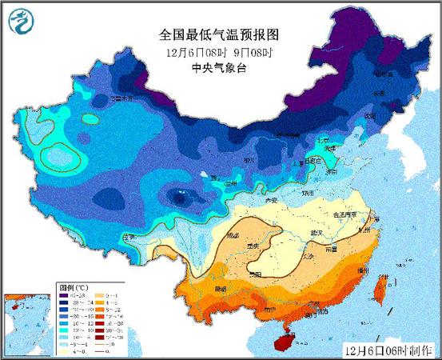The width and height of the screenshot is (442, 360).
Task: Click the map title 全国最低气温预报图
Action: coord(221,35)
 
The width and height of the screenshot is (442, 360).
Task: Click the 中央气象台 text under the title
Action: coord(221,68)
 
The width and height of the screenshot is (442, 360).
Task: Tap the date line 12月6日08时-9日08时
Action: coord(221,53)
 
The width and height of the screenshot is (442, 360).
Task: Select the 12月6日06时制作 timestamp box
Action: coord(391,350)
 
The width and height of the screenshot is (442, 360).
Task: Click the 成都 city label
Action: coord(233,236)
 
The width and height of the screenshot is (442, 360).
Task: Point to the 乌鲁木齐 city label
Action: coord(121,99)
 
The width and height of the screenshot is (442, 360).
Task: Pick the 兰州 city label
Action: coord(232,183)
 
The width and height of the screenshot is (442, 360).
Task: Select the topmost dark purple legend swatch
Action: coord(63,295)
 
